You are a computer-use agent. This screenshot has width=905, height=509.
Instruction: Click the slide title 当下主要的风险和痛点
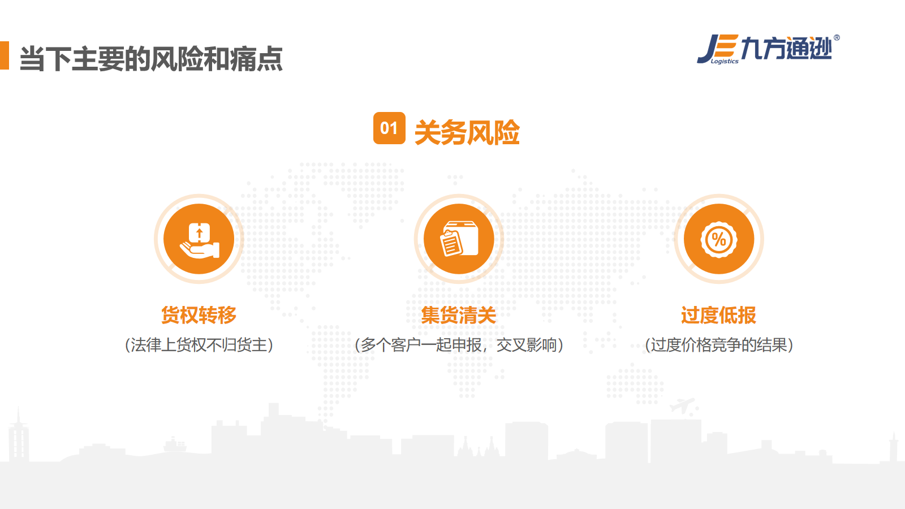coord(151,59)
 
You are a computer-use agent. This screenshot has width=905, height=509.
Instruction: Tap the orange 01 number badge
coord(389,128)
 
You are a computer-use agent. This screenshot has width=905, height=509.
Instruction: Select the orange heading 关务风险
coord(467,132)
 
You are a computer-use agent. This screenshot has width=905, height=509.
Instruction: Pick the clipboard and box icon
coord(459,239)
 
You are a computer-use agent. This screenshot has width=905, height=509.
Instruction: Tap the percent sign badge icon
coord(719,239)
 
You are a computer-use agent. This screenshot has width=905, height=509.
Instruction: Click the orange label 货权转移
coord(199,315)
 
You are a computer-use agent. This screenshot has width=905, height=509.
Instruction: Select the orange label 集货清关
coord(459,315)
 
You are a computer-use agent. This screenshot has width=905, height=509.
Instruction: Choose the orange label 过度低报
coord(718,315)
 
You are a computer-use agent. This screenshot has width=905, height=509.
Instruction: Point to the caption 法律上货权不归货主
coord(199,345)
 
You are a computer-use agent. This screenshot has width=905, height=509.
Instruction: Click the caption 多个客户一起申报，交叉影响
coord(459,345)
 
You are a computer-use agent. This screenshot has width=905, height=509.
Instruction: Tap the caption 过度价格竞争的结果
coord(719,345)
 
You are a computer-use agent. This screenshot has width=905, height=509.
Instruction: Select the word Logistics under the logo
coord(725,62)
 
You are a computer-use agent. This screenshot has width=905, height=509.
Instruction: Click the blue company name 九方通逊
coord(786,48)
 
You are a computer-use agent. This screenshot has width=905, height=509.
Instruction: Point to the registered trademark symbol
coord(837,37)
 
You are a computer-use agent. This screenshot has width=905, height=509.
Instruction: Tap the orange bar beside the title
coord(5,55)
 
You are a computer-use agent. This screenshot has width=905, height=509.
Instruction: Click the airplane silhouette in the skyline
coord(682,406)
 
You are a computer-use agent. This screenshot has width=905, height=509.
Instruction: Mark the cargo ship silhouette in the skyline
coord(175,445)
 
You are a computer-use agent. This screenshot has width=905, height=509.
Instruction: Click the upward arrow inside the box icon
coord(199,234)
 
